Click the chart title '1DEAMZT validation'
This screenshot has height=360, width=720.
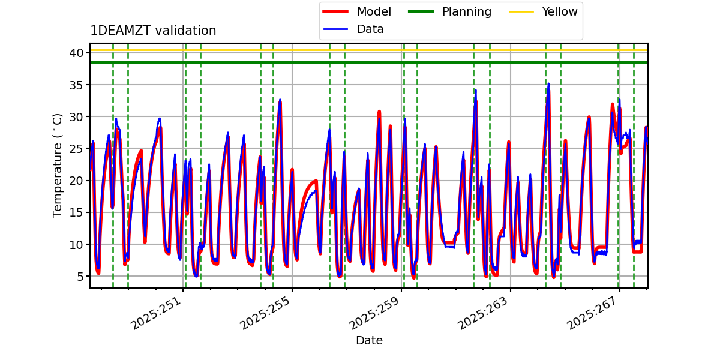[153, 31]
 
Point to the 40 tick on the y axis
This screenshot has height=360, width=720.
[76, 53]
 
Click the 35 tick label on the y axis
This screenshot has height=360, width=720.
[76, 85]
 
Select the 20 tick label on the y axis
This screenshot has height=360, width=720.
[76, 181]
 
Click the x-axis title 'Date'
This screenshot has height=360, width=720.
[369, 340]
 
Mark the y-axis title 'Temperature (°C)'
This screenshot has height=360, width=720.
[58, 165]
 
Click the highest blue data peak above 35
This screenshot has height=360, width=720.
[548, 84]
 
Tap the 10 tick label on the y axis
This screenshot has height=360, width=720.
[76, 244]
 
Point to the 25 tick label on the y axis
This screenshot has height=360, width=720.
[76, 148]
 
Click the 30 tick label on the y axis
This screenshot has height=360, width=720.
[76, 116]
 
